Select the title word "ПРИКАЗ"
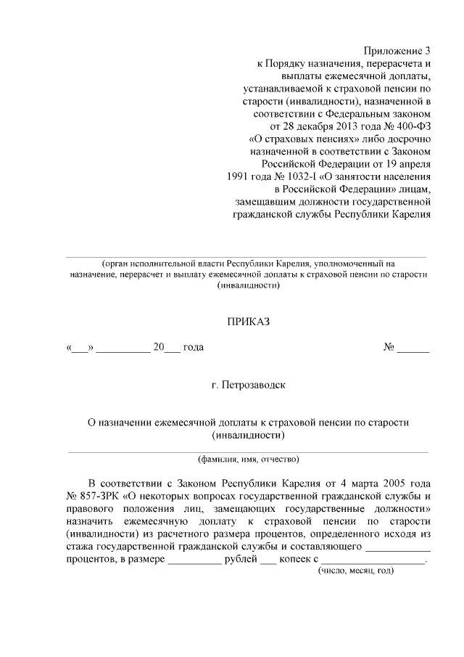249,321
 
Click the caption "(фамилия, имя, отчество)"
249,459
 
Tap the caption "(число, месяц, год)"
356,571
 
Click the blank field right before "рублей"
194,560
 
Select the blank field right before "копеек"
268,560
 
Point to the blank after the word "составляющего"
398,547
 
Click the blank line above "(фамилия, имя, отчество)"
247,451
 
